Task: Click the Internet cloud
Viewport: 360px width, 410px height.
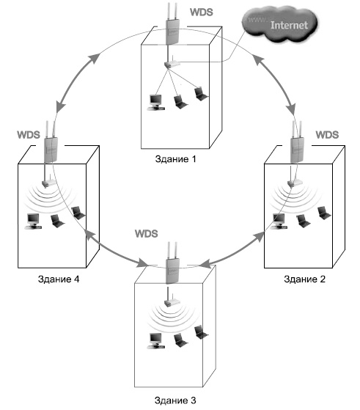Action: point(280,24)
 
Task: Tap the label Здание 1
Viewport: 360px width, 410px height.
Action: point(175,159)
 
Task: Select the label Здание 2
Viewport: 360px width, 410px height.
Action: point(304,279)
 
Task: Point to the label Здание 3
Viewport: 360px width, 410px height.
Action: point(175,400)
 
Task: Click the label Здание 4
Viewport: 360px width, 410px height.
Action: point(59,279)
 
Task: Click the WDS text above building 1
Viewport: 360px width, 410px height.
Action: point(202,12)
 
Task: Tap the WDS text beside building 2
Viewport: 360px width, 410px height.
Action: point(327,135)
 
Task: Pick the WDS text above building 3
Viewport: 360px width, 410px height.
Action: point(147,233)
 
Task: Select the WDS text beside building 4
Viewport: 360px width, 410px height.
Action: point(29,135)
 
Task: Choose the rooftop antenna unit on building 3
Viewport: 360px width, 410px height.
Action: point(172,263)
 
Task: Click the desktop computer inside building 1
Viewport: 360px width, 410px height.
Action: point(156,103)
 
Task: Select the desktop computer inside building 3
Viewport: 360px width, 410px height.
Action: point(156,341)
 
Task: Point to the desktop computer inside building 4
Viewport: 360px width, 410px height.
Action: point(33,222)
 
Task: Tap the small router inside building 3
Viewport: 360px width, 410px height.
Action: point(172,301)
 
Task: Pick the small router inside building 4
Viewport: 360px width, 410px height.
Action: point(49,182)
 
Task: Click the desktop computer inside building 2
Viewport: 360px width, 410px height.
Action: point(279,222)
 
